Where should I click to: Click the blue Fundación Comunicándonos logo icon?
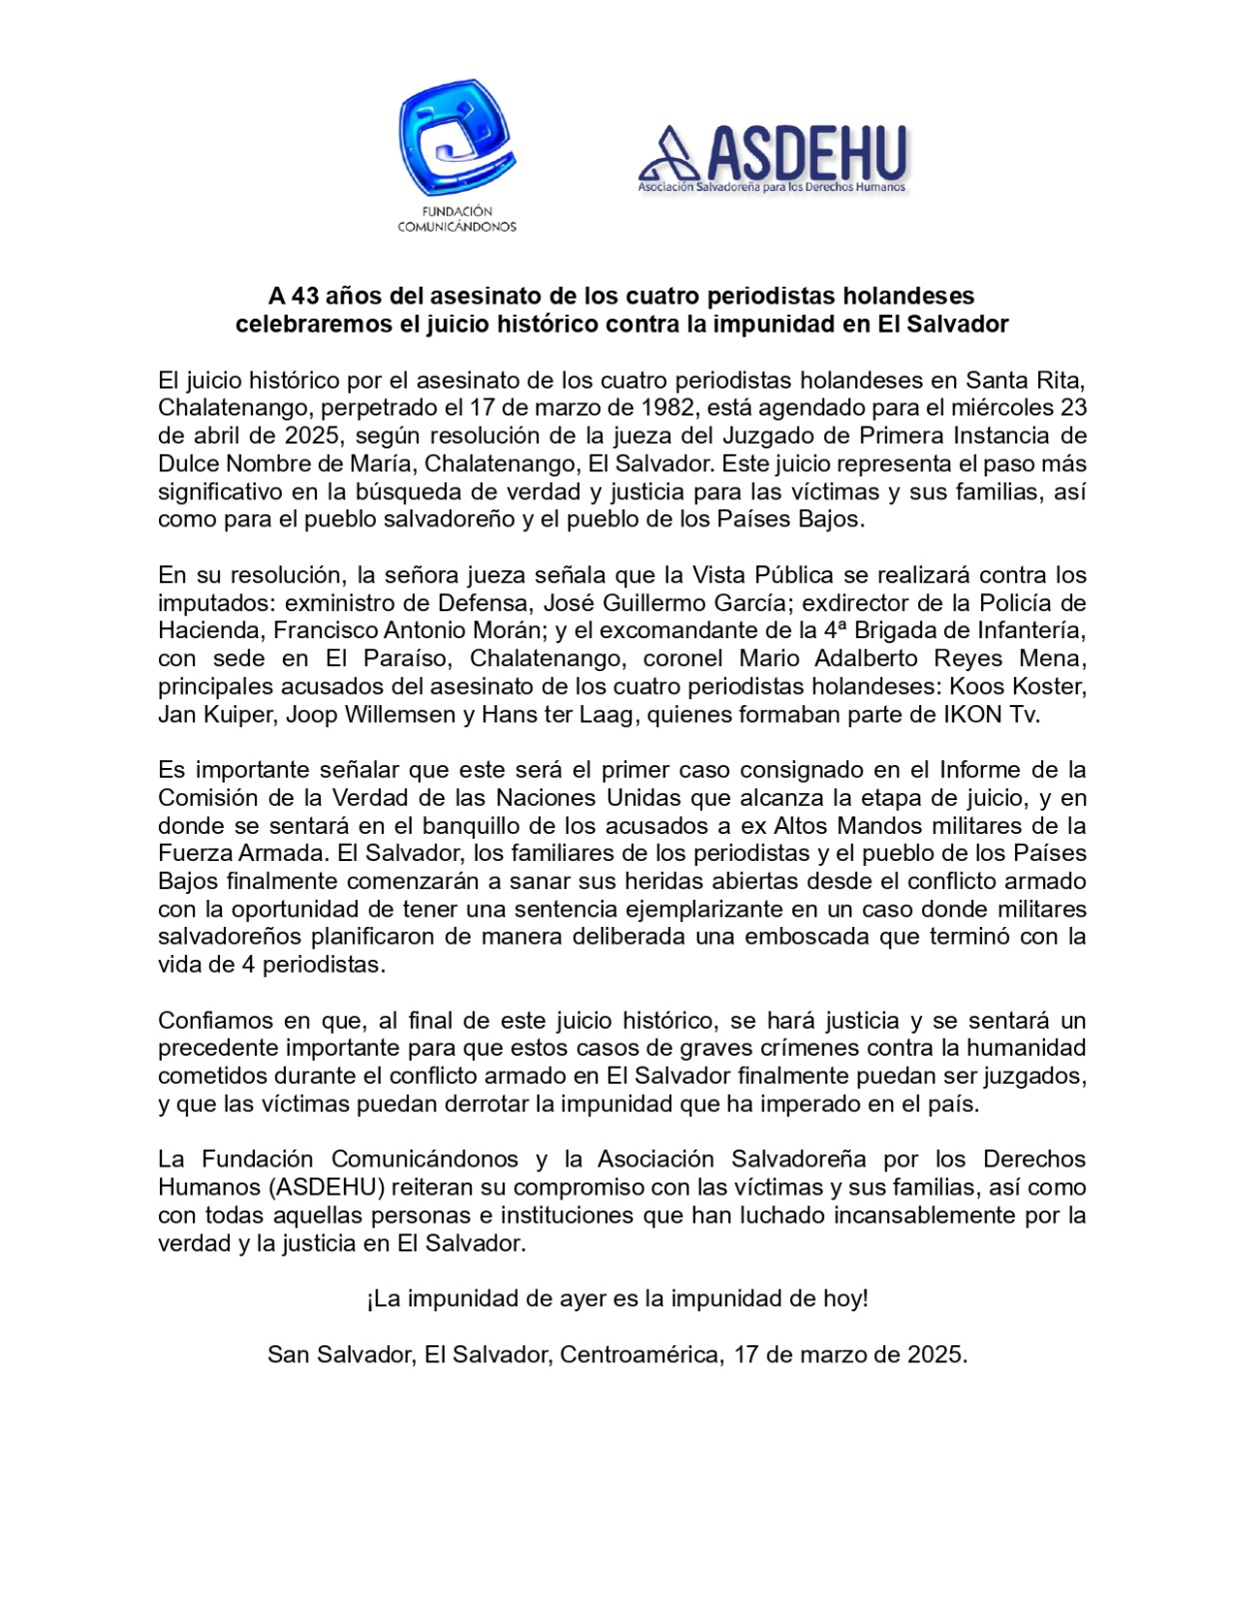(457, 138)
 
